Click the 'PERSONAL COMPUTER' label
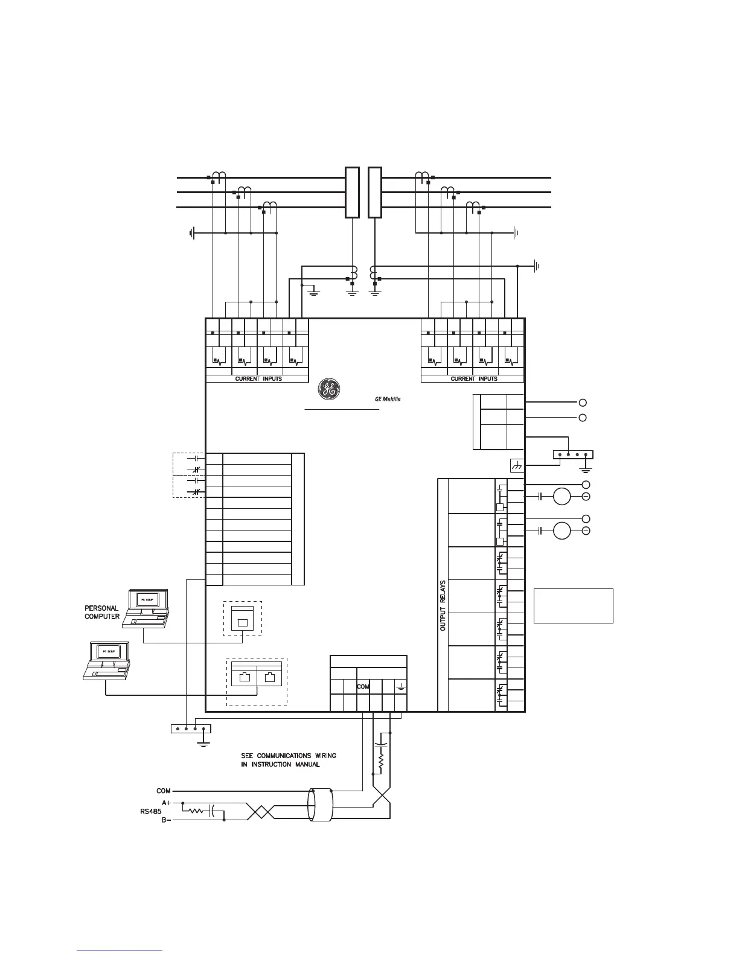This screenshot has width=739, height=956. click(x=101, y=613)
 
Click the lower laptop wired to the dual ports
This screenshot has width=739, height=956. click(x=107, y=660)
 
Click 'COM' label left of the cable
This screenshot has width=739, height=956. click(x=164, y=791)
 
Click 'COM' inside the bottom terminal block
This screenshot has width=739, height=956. click(x=363, y=687)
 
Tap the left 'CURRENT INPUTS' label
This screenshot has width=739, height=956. click(x=258, y=379)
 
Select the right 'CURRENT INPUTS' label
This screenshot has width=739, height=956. click(x=474, y=379)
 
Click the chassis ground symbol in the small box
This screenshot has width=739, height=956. click(x=517, y=465)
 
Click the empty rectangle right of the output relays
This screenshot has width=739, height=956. click(x=573, y=605)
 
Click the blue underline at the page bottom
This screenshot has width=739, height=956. click(x=120, y=951)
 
